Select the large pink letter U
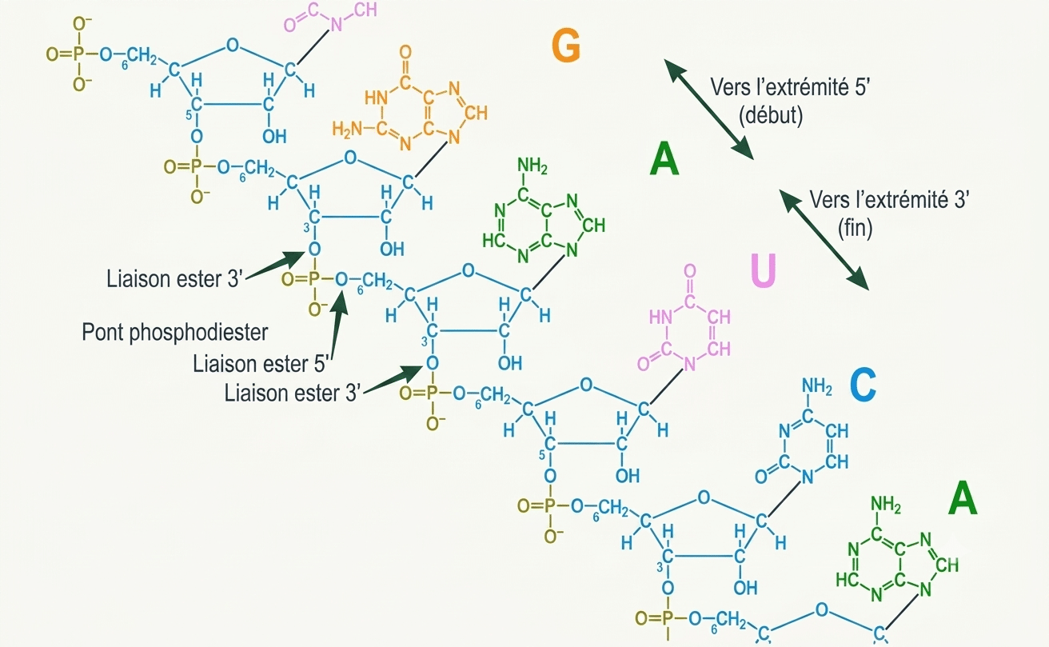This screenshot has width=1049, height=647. (764, 270)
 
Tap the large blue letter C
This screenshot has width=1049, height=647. (863, 385)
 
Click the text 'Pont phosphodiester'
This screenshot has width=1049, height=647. (174, 333)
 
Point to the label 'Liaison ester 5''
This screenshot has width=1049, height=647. (259, 364)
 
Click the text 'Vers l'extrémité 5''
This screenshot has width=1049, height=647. (790, 87)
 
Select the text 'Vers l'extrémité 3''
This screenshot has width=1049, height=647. (889, 200)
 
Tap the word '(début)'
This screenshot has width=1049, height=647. (771, 115)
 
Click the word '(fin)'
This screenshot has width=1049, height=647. (856, 229)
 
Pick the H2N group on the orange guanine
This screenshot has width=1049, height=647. (347, 129)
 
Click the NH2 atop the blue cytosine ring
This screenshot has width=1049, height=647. (816, 387)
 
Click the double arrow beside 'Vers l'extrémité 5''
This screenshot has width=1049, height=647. (708, 109)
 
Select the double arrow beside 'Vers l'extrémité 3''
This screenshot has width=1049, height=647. (824, 240)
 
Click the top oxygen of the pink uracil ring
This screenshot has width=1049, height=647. (690, 271)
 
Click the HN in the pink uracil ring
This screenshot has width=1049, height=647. (660, 318)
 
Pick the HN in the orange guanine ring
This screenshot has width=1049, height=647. (377, 98)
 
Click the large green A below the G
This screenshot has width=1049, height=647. (664, 159)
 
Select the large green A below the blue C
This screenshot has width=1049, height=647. (963, 498)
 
